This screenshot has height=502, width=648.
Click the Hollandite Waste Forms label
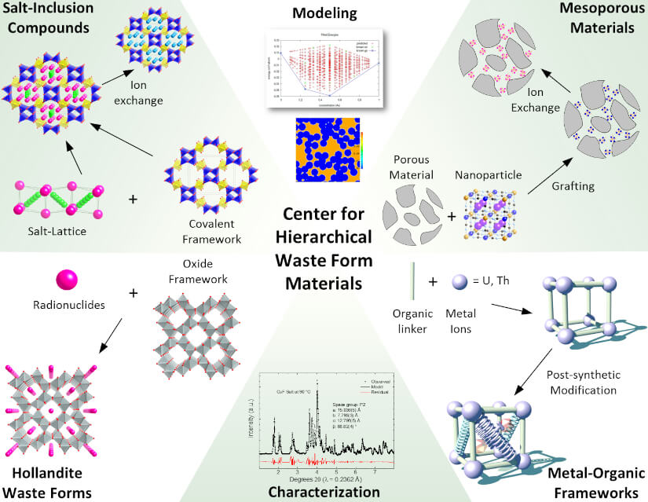coord(46,483)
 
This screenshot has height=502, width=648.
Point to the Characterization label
coord(324,492)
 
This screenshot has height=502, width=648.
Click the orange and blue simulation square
coord(324,152)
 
